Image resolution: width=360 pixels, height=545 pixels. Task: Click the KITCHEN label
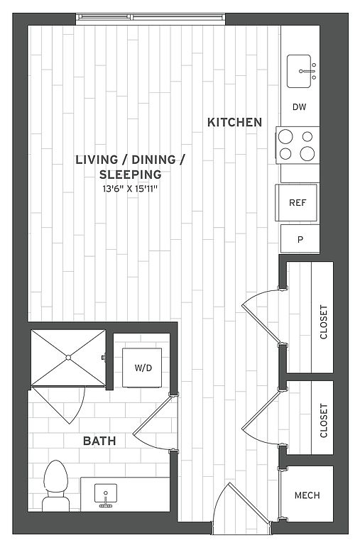(234, 122)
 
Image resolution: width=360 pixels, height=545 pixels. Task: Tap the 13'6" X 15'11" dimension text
(131, 189)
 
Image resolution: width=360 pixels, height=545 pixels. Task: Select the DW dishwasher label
(299, 107)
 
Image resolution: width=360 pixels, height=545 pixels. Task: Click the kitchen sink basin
(299, 71)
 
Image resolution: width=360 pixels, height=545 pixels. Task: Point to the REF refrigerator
(296, 203)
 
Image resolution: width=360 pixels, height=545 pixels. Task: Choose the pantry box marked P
(300, 238)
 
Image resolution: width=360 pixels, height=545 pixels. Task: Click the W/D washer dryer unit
(142, 368)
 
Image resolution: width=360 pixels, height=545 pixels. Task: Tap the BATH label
(99, 441)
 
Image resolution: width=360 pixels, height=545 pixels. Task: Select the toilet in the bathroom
(55, 486)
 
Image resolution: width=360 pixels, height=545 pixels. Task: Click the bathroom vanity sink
(105, 494)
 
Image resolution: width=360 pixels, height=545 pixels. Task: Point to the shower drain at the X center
(68, 358)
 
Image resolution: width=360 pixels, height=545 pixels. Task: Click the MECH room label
(307, 495)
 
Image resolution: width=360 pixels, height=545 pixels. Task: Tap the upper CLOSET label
(324, 322)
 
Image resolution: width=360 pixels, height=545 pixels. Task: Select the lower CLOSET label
(324, 421)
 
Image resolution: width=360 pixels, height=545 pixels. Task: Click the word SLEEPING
(131, 175)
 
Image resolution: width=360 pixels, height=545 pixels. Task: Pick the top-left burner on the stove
(285, 136)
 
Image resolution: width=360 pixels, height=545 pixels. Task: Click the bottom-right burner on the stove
(307, 153)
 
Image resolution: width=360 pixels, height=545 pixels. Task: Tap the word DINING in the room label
(154, 160)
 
